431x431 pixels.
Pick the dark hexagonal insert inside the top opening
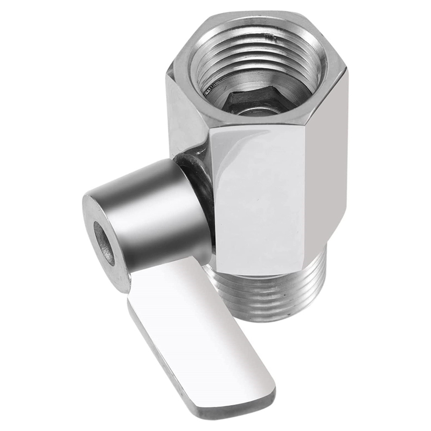pyautogui.click(x=253, y=100)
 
